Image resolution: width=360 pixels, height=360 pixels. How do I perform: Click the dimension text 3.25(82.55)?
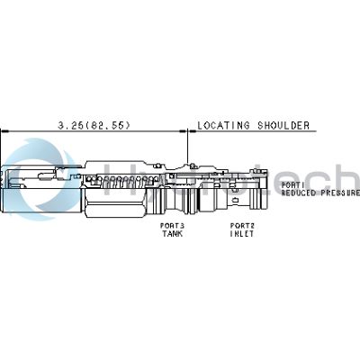coord(94,125)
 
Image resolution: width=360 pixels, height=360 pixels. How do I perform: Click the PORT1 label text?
coord(293,185)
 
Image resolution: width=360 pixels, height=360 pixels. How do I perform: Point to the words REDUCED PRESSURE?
coord(319,193)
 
